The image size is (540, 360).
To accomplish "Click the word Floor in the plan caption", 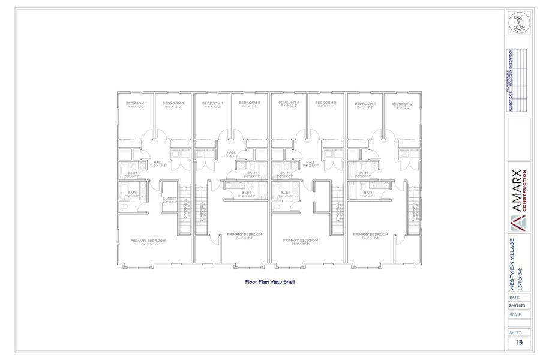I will coord(251,281).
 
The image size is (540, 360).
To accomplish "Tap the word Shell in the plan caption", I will coord(288,281).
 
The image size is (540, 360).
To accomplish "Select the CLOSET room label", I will coord(169,199).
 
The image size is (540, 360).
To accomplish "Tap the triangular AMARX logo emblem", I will coord(518,224).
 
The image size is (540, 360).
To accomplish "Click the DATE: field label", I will coord(515,297).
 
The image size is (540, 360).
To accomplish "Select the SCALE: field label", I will coord(515,314).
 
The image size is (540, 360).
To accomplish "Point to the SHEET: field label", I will coord(515,332).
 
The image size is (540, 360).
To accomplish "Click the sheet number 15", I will coord(518,343).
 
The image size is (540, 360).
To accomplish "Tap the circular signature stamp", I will coord(519,24).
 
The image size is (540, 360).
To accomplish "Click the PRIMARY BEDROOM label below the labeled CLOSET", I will coord(148,241).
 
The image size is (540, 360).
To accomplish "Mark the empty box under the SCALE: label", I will coord(519,323).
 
